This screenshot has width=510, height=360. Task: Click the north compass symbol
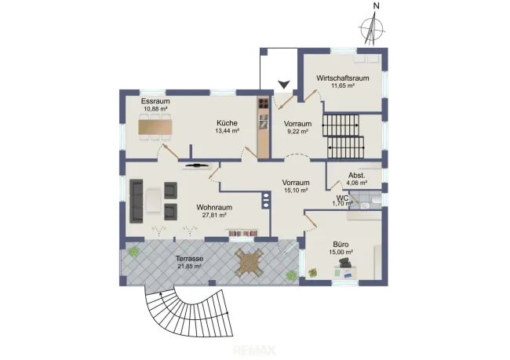(372, 28)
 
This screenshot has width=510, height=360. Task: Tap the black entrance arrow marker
(284, 84)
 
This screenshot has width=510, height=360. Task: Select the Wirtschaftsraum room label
(343, 78)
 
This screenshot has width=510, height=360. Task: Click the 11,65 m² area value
(343, 85)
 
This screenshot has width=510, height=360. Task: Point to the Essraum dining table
(155, 127)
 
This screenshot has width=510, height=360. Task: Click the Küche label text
(227, 123)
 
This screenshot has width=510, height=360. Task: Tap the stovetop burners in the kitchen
(264, 103)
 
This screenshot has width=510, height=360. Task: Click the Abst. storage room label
(357, 175)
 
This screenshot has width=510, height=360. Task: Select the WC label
(343, 198)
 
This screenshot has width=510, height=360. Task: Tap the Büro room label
(341, 244)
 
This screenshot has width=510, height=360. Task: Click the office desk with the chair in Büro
(344, 268)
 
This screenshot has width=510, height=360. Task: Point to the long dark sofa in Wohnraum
(137, 201)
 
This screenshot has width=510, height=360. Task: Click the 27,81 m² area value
(214, 215)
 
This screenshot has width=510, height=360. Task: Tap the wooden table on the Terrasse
(249, 262)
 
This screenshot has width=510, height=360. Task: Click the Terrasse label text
(190, 259)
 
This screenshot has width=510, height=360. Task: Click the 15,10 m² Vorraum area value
(296, 191)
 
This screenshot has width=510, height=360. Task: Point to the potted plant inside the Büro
(313, 272)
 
